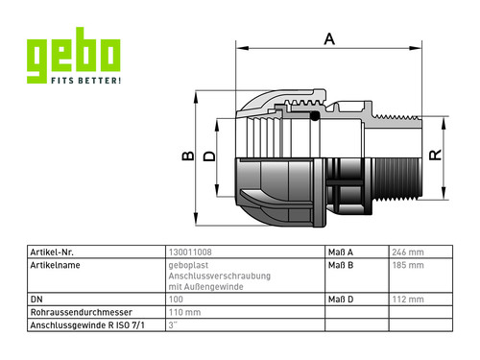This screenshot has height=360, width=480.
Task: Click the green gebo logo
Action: pos(73,56)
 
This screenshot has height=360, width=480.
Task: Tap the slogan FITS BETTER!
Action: pos(86,81)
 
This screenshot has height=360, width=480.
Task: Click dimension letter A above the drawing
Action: pos(329,39)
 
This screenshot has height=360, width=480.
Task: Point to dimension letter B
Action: pos(188,156)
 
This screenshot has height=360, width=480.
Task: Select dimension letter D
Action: pos(209,156)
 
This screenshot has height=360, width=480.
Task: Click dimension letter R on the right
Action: pos(436,155)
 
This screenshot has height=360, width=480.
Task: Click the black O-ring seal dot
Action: pos(315,116)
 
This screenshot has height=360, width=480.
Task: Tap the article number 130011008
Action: pos(190,252)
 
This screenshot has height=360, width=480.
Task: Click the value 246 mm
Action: pos(408,252)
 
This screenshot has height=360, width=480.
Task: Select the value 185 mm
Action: pos(408,265)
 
